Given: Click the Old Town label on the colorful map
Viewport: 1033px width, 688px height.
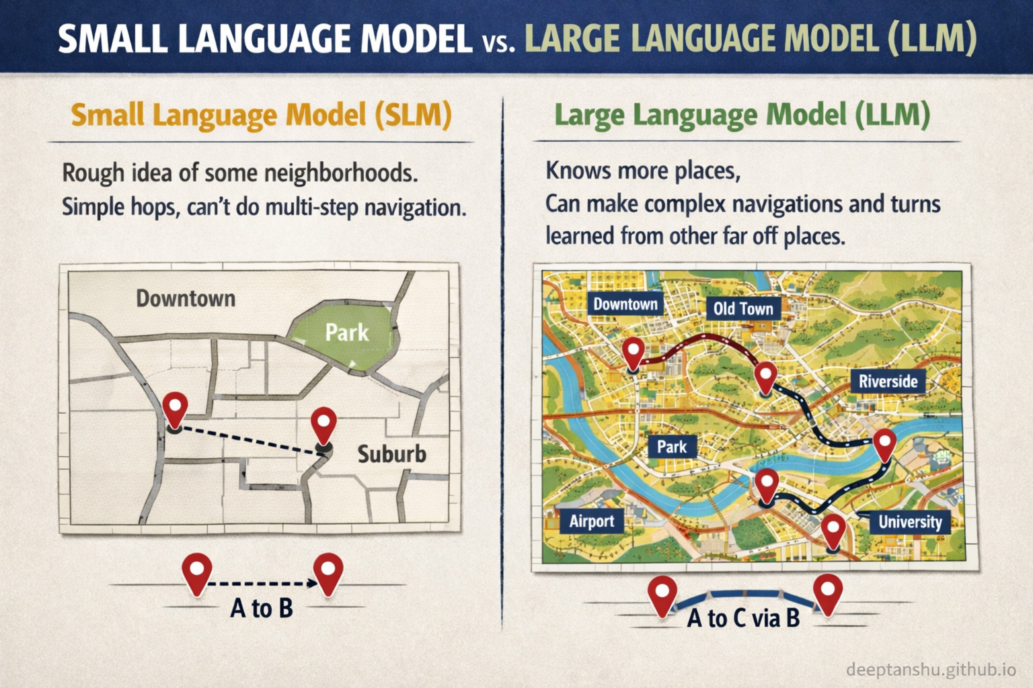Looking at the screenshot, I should click(743, 309).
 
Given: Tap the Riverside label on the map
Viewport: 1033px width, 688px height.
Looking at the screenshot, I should click(888, 382).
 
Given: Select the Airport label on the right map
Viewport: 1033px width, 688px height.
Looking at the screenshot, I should click(591, 521).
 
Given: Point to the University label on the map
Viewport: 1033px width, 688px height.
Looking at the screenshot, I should click(910, 522).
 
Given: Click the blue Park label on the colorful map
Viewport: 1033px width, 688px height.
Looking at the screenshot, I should click(671, 447).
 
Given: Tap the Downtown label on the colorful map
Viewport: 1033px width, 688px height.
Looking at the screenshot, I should click(625, 304).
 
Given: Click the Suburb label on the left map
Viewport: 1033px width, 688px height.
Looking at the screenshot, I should click(391, 454).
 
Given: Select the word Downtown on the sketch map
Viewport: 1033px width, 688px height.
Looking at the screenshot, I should click(186, 298).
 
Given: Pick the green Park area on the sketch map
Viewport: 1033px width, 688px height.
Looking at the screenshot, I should click(347, 333).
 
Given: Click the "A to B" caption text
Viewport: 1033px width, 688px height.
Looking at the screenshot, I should click(262, 608).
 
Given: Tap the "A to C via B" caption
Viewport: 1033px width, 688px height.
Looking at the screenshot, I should click(743, 617).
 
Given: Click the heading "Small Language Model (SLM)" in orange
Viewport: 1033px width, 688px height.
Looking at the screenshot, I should click(261, 115).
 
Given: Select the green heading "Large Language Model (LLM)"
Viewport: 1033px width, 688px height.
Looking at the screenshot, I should click(742, 115).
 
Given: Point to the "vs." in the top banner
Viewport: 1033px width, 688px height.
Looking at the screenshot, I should click(498, 43).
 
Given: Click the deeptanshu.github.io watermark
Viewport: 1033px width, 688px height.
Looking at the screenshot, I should click(931, 669).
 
